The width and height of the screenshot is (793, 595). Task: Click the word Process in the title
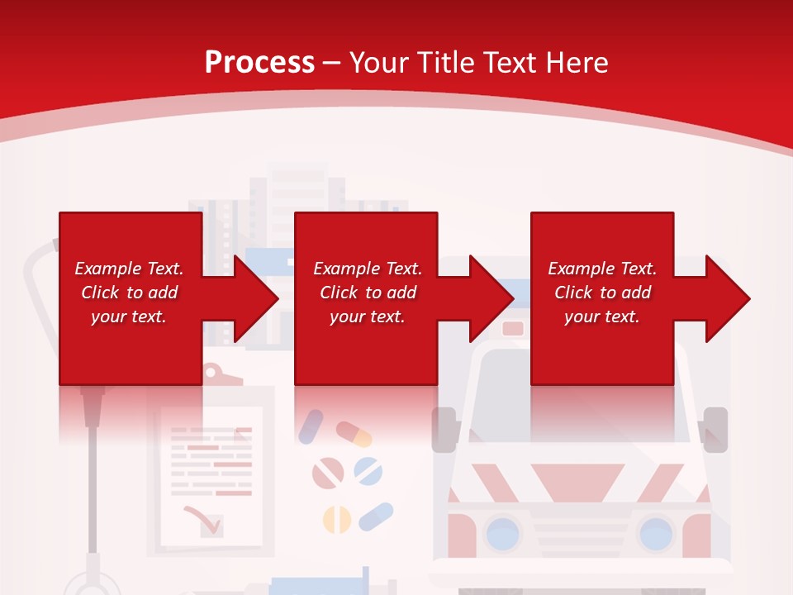259,62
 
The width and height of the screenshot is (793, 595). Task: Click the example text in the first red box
129,293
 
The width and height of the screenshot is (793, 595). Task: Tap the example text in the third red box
602,293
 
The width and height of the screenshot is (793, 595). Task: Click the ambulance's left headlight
501,532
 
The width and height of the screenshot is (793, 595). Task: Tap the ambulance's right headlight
657,532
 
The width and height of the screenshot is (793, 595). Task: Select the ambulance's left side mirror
444,429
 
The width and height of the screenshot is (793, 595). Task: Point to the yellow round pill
336,519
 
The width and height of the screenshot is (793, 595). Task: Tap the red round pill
327,473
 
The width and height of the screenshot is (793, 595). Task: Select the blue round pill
368,471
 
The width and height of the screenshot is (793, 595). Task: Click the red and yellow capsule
354,433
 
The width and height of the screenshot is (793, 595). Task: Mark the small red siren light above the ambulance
513,328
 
